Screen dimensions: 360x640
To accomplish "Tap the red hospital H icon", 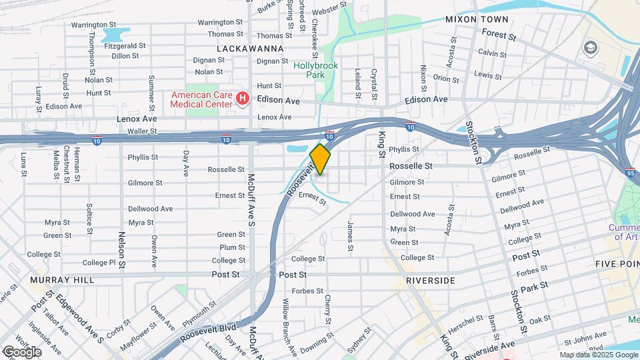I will pos(243,99).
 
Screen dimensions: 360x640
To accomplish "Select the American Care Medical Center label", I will pos(200,99).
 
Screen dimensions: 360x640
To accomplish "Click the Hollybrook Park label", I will pos(316,70).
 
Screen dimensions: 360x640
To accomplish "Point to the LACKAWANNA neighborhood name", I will pos(250,49).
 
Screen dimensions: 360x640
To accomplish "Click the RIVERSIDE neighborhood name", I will pos(431,281).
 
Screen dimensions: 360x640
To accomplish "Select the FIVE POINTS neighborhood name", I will pos(617,264).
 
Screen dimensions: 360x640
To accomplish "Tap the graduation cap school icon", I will pos(589,47).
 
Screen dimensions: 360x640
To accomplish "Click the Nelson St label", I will pos(121,246).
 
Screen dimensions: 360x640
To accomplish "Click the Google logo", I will pos(21,351).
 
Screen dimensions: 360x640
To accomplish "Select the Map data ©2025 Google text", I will pos(598,355).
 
